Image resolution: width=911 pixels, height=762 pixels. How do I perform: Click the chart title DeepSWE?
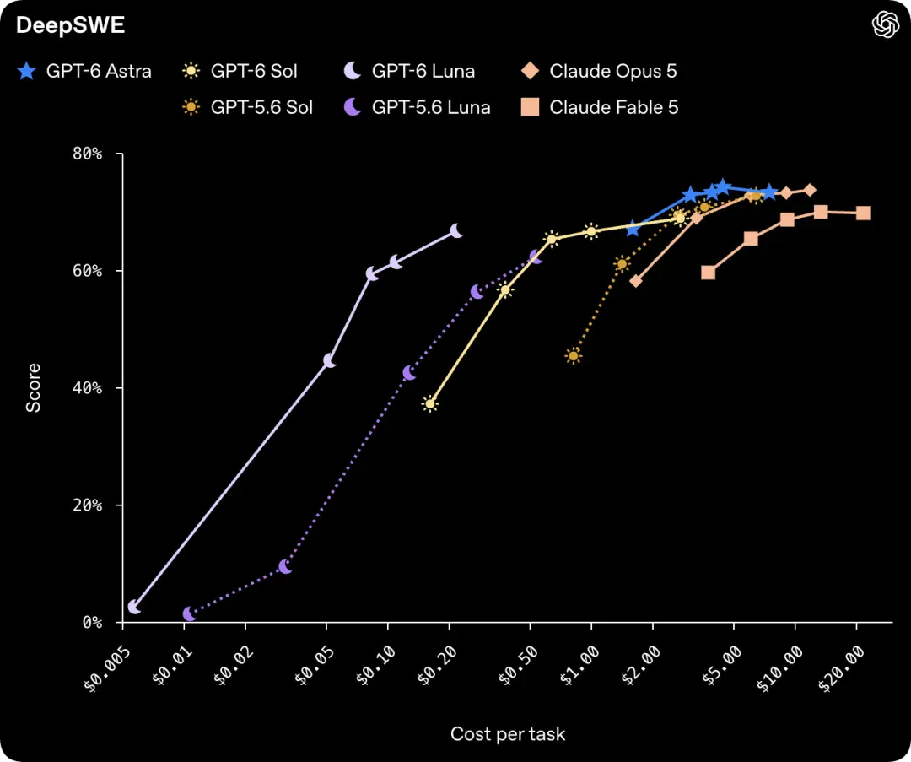click(x=70, y=25)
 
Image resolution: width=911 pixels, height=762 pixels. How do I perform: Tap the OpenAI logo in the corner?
click(x=886, y=24)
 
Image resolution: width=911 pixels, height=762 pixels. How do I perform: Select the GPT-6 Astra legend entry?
click(x=85, y=71)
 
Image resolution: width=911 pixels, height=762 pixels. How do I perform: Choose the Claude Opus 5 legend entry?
click(x=599, y=71)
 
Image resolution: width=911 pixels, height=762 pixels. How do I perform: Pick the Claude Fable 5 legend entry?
click(x=600, y=107)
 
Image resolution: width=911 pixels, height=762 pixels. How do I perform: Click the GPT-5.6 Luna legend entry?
click(x=418, y=107)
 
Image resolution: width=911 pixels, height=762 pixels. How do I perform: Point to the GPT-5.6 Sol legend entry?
click(x=247, y=107)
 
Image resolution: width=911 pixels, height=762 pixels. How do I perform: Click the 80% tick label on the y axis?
click(x=87, y=154)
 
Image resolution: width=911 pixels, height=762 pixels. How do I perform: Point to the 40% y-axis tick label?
click(x=87, y=387)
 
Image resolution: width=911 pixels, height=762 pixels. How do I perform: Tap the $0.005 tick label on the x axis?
click(x=107, y=669)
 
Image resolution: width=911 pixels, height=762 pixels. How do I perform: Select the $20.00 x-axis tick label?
click(x=841, y=669)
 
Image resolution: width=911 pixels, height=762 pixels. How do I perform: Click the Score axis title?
click(x=33, y=387)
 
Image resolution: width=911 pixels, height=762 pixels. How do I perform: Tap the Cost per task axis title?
click(x=508, y=733)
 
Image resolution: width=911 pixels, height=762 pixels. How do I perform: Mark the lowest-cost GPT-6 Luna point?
click(x=134, y=607)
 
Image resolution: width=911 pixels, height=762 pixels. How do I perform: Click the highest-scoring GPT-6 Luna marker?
click(x=456, y=230)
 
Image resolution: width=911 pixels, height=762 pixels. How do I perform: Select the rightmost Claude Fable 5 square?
click(x=864, y=213)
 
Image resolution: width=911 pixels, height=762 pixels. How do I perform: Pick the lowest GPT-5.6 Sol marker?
click(x=574, y=356)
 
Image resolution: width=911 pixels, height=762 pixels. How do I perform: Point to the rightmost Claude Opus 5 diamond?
click(x=809, y=190)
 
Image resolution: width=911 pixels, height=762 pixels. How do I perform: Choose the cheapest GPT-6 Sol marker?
click(x=430, y=403)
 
